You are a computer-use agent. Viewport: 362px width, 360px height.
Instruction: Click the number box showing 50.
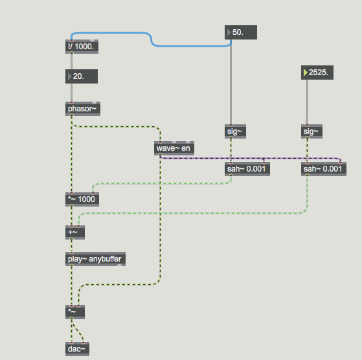click(x=241, y=32)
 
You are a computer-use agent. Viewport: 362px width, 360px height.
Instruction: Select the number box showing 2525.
click(x=317, y=73)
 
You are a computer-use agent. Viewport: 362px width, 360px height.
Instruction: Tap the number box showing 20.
click(x=82, y=76)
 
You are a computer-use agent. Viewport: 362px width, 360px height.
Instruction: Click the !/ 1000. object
click(x=82, y=47)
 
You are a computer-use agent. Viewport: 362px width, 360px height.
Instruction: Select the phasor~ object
click(x=83, y=109)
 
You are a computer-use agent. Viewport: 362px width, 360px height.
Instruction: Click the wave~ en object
click(x=174, y=148)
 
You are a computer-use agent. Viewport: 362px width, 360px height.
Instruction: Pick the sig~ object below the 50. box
click(x=235, y=131)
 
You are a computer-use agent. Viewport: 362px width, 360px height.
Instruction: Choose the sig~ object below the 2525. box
click(x=311, y=131)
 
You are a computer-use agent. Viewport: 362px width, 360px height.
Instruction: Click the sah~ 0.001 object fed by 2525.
click(x=324, y=169)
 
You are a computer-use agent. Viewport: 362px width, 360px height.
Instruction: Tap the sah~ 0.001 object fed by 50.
click(x=247, y=169)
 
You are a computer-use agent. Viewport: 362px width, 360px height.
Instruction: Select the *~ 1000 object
click(x=82, y=199)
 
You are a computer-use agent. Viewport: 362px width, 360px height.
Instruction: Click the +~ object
click(x=75, y=232)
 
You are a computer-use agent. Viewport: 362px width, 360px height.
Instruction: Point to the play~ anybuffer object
click(x=96, y=259)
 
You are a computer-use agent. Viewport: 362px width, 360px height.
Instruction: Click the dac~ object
click(x=77, y=349)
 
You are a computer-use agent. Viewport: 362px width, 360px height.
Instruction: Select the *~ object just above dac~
click(x=75, y=312)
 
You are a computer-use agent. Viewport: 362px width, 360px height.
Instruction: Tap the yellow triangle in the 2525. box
click(x=305, y=73)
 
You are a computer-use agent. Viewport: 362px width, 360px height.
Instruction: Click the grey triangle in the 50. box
click(x=229, y=32)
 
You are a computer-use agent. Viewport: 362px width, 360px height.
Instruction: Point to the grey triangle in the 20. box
click(x=69, y=76)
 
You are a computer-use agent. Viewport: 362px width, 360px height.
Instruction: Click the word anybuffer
click(x=105, y=259)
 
